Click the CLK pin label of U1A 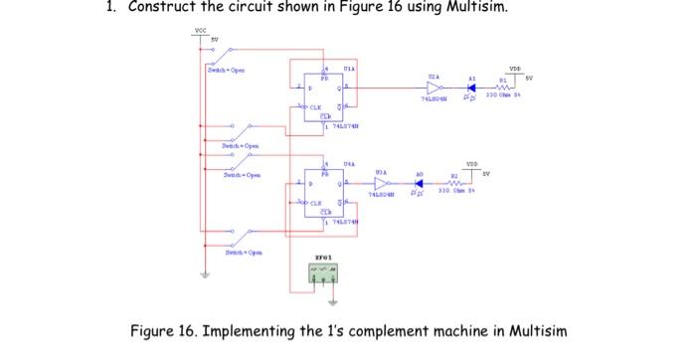click(x=316, y=110)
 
